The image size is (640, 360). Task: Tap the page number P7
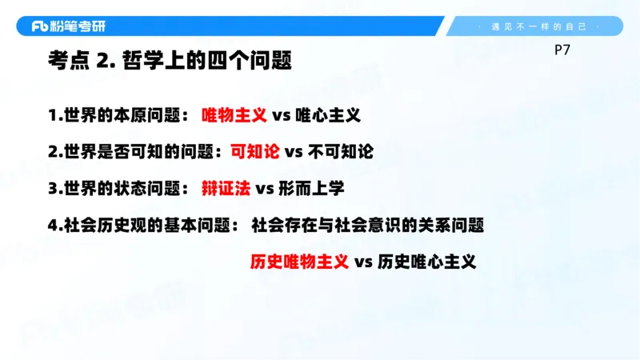coord(562,50)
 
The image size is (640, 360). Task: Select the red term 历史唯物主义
coord(299,262)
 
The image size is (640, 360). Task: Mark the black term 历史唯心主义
coord(426,262)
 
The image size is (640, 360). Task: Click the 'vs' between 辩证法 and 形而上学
coord(265,189)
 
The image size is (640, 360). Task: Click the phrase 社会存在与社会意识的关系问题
coord(368,225)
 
